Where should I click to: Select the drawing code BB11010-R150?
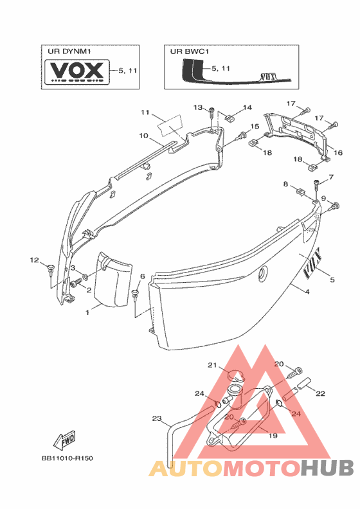(67, 458)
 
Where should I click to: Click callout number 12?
(35, 260)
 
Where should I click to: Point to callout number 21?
(212, 365)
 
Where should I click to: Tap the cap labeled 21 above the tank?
(235, 375)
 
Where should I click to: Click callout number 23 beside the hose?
(157, 418)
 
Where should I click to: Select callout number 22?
(320, 393)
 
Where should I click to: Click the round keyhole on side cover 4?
(263, 274)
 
